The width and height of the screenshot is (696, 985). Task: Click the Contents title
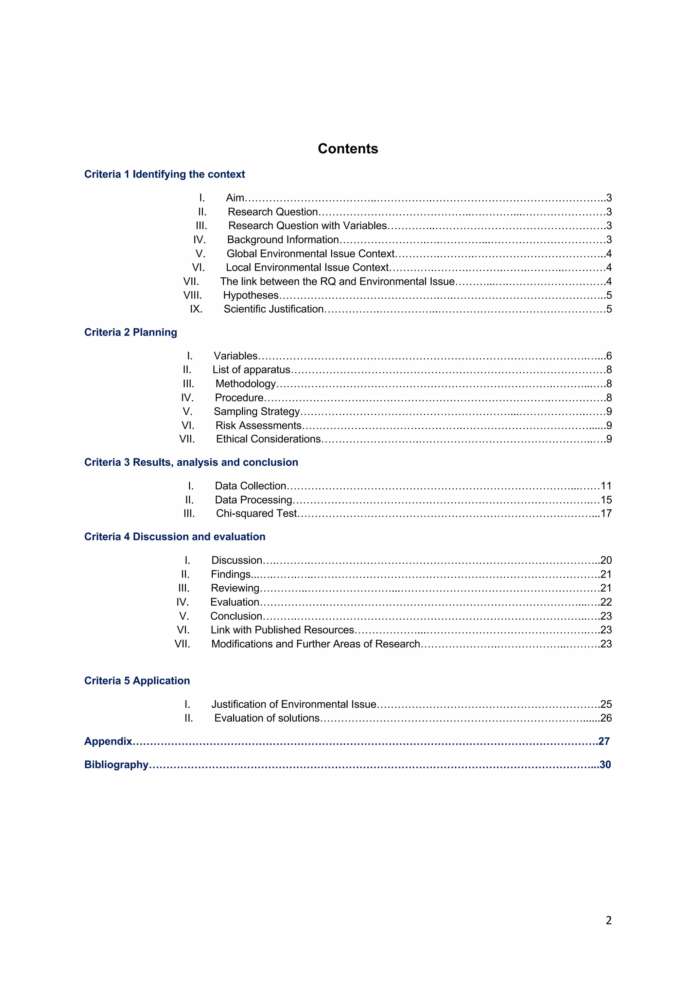pos(347,149)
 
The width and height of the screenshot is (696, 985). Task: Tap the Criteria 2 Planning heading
pos(130,332)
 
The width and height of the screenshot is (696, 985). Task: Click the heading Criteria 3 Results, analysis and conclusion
pos(191,462)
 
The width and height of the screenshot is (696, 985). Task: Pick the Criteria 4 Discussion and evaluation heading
pos(175,536)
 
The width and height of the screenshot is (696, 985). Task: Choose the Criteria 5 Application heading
pos(137,680)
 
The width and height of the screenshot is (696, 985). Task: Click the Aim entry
pos(234,198)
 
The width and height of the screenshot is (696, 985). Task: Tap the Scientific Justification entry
pos(273,309)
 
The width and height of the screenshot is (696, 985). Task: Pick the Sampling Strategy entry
pos(257,411)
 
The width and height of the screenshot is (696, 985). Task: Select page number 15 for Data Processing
pos(606,500)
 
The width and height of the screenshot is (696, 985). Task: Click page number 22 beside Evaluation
pos(606,602)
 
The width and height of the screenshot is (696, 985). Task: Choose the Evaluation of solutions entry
pos(267,718)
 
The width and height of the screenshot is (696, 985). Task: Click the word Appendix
pos(108,741)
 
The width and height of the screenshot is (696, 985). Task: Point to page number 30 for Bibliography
pos(605,764)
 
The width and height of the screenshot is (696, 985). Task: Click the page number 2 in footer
pos(608,920)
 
